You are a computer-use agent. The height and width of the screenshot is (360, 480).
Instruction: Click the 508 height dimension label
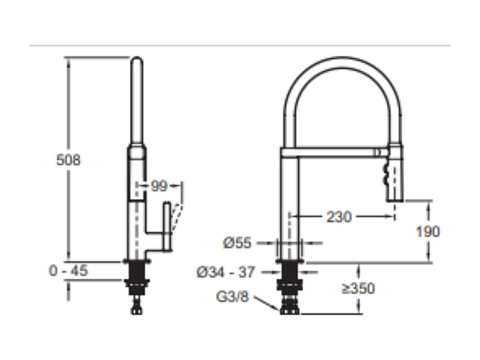tap(68, 160)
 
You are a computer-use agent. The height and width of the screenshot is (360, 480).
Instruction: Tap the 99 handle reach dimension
tap(159, 186)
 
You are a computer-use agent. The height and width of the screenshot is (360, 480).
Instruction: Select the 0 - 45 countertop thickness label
tap(68, 271)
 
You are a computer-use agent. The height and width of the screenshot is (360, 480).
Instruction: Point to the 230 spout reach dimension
tap(339, 217)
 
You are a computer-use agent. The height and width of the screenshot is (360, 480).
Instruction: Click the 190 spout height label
tap(428, 232)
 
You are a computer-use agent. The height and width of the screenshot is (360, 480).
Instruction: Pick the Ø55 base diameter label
tap(237, 243)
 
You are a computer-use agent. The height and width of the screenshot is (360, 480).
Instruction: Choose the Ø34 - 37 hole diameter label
tap(226, 272)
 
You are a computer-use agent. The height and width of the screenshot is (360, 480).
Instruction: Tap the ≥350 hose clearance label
tap(358, 288)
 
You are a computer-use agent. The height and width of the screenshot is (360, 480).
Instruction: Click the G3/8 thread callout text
tap(232, 297)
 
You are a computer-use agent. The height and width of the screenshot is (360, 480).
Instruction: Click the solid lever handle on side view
tap(167, 226)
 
